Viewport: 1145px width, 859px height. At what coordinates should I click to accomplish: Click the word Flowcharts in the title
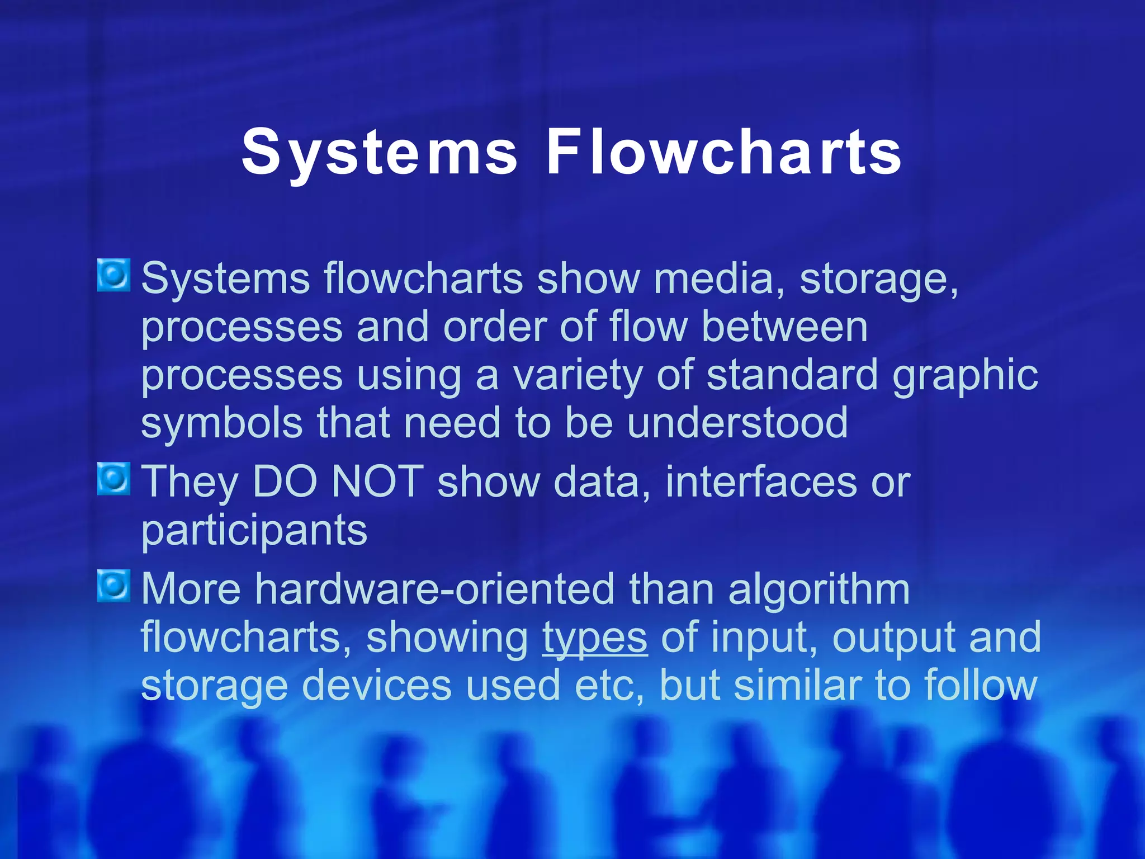(723, 151)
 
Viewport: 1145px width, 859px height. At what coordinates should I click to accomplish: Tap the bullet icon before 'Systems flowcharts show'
(113, 275)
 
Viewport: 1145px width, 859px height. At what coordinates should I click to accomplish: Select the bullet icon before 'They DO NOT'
(113, 479)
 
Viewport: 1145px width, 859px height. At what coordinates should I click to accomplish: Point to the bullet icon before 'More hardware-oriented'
(113, 586)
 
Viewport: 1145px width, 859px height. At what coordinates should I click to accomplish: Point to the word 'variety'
(578, 376)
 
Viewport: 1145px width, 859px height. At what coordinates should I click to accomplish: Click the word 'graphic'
(965, 376)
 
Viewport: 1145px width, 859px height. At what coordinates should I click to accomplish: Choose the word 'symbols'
(222, 423)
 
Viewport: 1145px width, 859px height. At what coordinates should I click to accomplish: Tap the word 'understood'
(737, 423)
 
